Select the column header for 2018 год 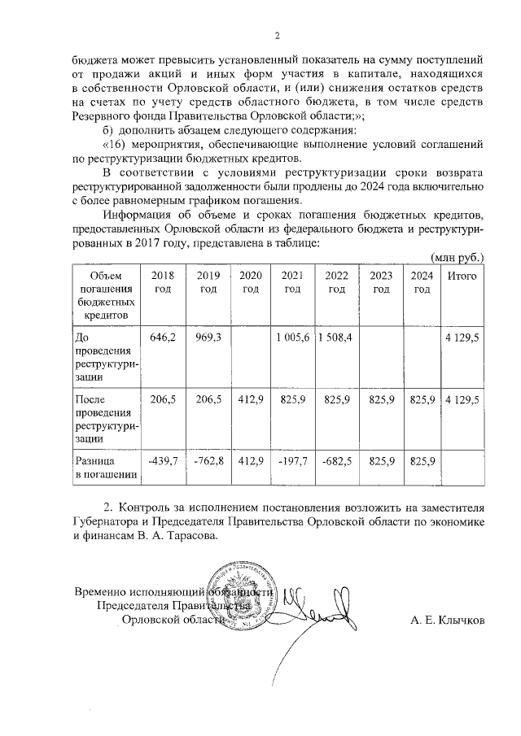pyautogui.click(x=163, y=282)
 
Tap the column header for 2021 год pyautogui.click(x=292, y=282)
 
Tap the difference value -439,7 pyautogui.click(x=163, y=461)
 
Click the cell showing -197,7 pyautogui.click(x=292, y=461)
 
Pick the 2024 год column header pyautogui.click(x=422, y=282)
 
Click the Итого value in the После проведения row pyautogui.click(x=462, y=399)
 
